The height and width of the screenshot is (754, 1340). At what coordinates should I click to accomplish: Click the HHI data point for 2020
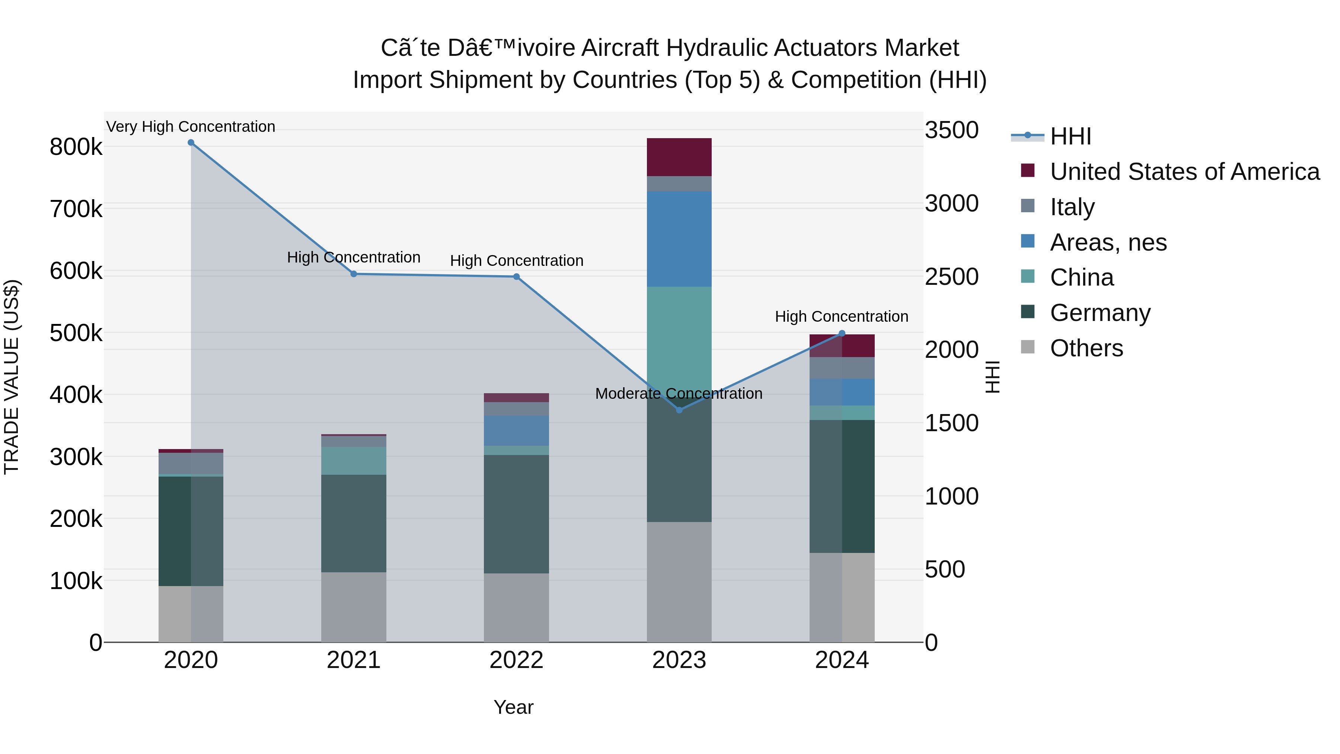click(x=191, y=143)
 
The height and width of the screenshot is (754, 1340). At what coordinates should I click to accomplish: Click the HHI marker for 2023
click(x=679, y=410)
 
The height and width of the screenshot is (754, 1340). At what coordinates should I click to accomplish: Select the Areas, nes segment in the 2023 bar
click(x=679, y=239)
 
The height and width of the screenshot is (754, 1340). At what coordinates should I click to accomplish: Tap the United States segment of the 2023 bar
click(x=679, y=157)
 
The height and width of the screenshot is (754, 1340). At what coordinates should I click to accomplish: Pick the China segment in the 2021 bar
click(x=354, y=461)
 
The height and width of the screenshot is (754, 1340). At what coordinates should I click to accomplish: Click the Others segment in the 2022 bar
click(x=516, y=607)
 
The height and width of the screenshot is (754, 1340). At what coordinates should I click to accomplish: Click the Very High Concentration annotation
click(x=191, y=127)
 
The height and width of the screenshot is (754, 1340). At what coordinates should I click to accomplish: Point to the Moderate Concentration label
click(x=679, y=394)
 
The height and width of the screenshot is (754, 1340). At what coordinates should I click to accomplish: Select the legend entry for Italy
click(x=1072, y=207)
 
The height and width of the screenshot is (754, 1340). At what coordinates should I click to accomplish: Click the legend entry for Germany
click(x=1100, y=313)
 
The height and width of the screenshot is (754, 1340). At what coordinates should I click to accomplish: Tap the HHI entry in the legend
click(x=1070, y=136)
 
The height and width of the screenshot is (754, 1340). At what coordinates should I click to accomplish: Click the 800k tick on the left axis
click(x=76, y=147)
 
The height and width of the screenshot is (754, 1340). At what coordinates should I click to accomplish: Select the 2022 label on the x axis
click(x=516, y=660)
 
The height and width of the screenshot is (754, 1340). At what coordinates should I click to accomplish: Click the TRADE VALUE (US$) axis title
click(x=12, y=377)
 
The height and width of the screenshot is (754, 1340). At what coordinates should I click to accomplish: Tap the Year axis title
click(x=513, y=707)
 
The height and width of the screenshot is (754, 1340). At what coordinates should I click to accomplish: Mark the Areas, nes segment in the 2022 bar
click(x=516, y=430)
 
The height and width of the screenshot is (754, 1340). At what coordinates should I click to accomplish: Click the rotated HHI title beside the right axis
click(x=992, y=377)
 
